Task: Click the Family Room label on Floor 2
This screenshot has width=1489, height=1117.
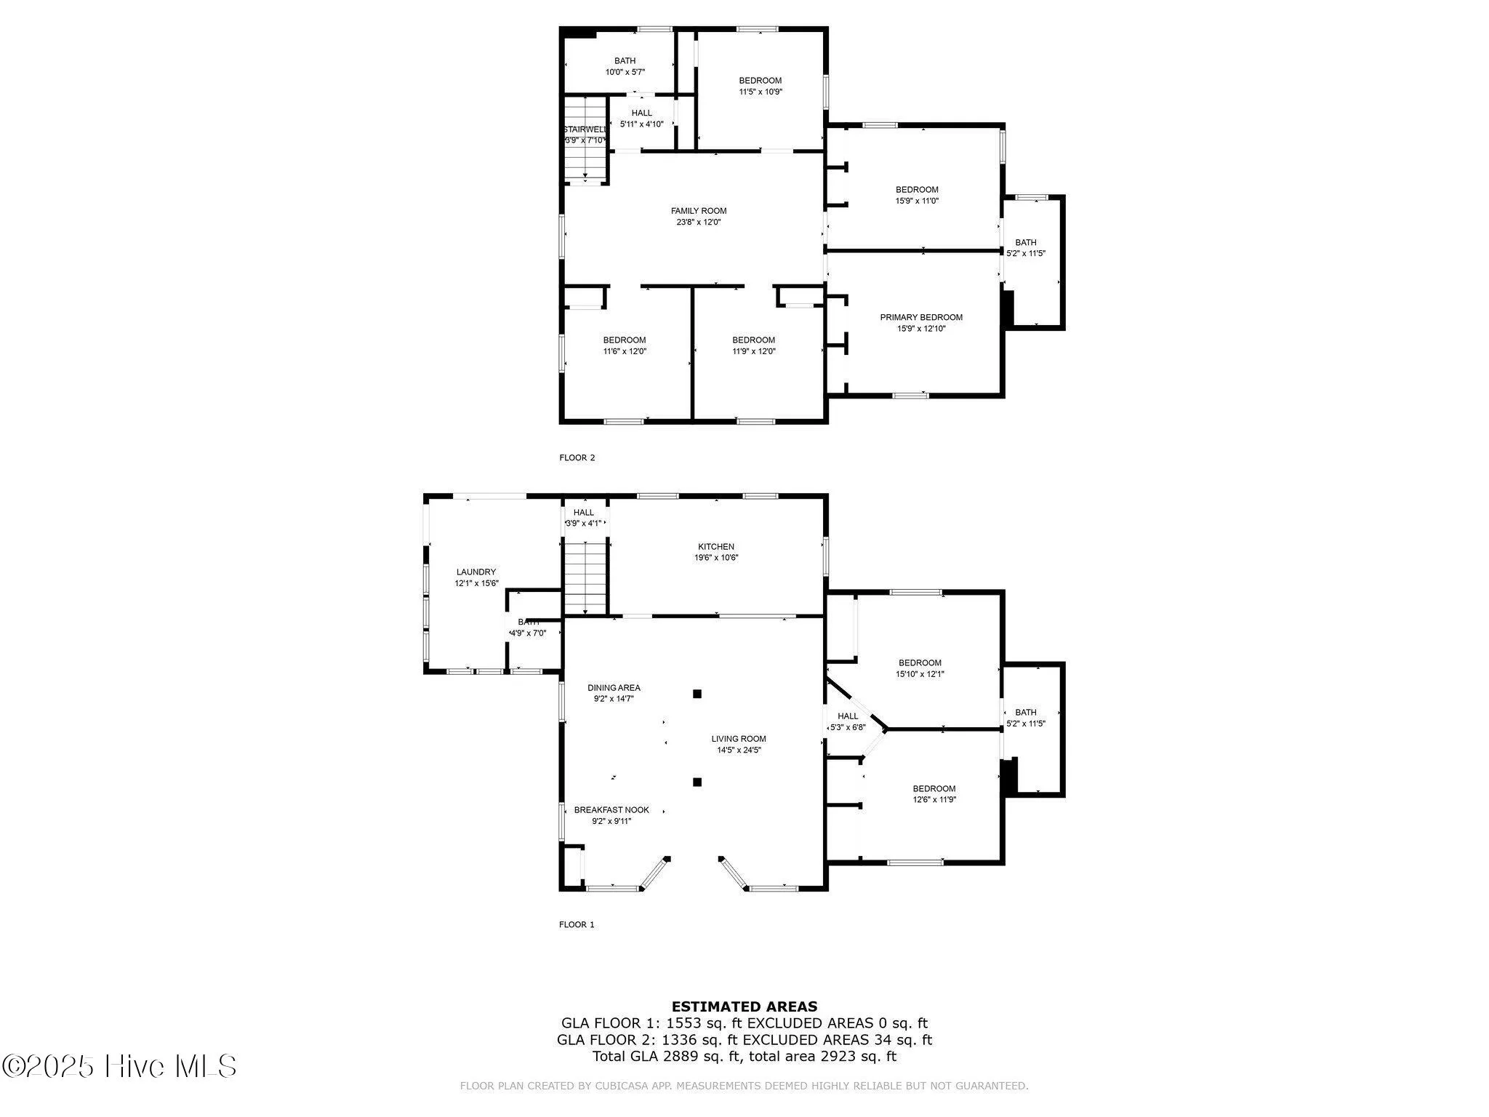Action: (x=698, y=211)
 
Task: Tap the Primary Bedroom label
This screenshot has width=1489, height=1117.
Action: (x=921, y=317)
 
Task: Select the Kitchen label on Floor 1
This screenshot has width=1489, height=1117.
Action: (x=716, y=547)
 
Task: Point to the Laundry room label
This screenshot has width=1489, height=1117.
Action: (x=476, y=572)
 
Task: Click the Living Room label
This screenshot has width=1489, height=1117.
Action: (x=739, y=739)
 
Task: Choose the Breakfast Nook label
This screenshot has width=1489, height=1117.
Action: (x=611, y=810)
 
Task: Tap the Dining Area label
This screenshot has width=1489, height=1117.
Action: (x=614, y=688)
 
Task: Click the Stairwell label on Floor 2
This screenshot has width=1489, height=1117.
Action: (x=585, y=129)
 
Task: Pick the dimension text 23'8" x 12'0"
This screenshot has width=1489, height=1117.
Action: (x=698, y=223)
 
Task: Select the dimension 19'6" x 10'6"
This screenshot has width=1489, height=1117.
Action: (x=716, y=558)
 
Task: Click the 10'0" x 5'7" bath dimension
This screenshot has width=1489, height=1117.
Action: (x=625, y=72)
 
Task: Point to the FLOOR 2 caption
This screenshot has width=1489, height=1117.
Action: (x=577, y=457)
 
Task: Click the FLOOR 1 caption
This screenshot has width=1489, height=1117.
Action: (x=577, y=924)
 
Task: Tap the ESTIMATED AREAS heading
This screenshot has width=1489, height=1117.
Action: (x=744, y=1006)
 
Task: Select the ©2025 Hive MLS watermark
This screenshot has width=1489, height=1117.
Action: (x=119, y=1066)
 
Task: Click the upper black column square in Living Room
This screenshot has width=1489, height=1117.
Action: (x=697, y=694)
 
